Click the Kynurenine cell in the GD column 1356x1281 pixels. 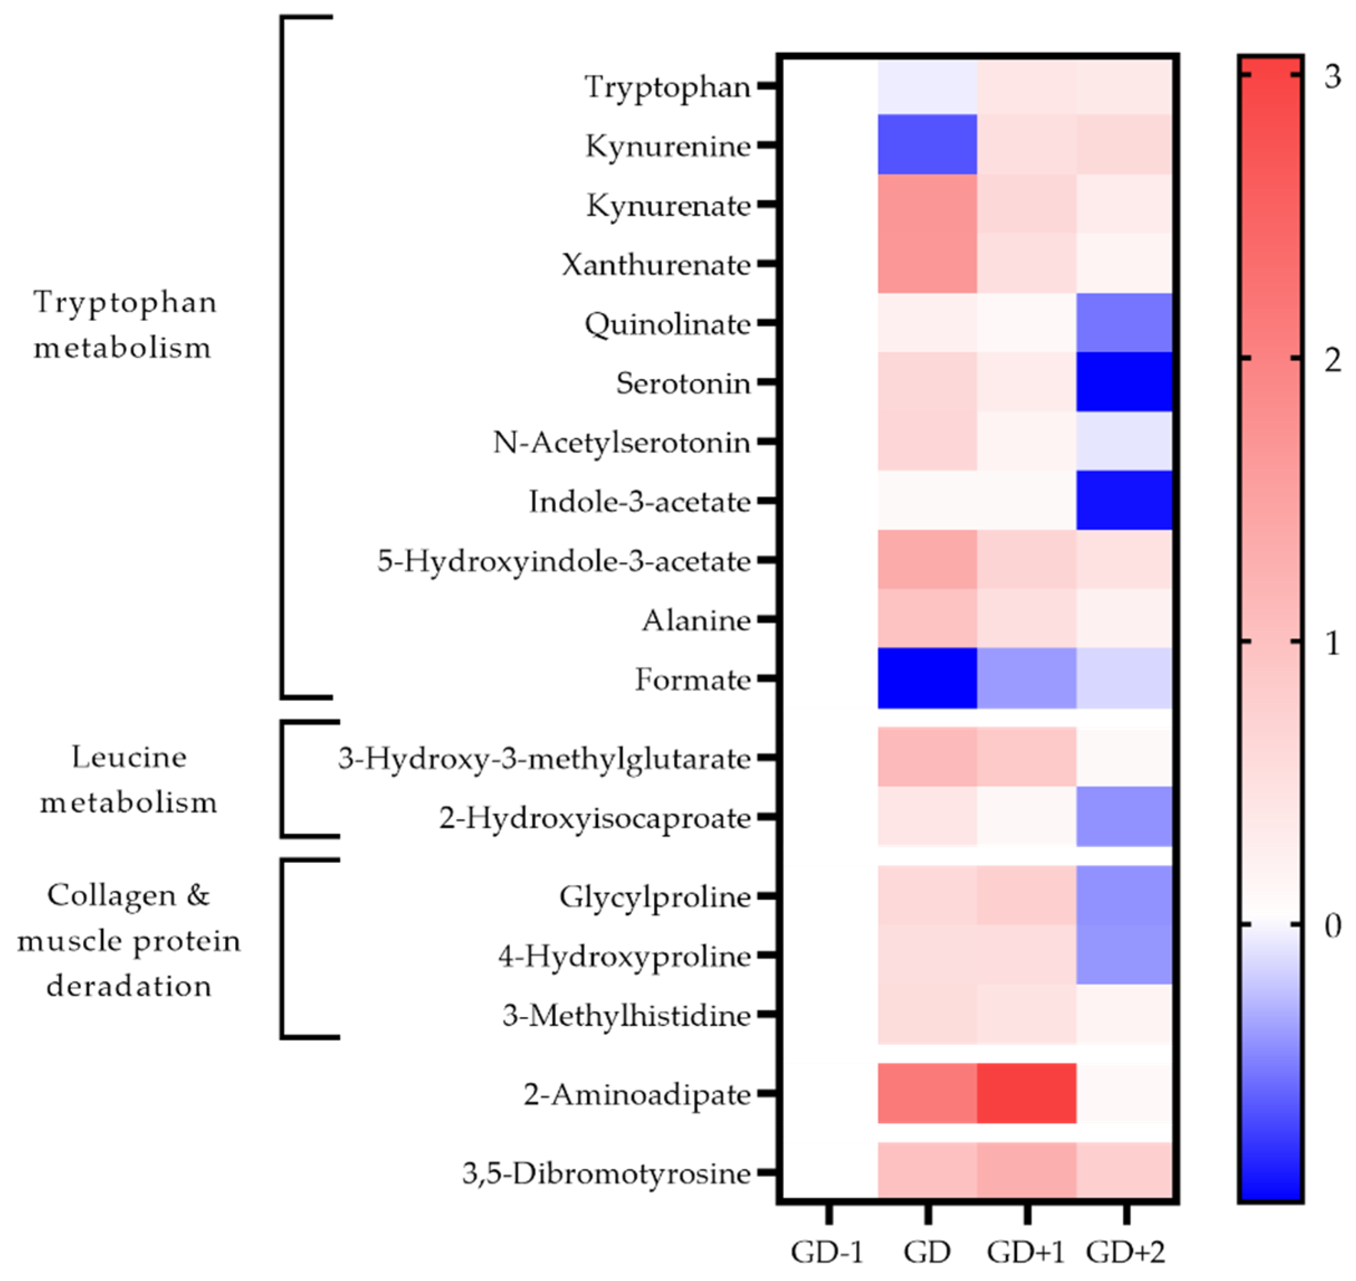click(927, 144)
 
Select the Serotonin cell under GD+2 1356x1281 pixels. click(1124, 382)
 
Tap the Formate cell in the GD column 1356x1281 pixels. click(927, 678)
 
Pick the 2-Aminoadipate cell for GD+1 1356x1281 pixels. click(1026, 1093)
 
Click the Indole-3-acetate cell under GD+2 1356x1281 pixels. click(1124, 501)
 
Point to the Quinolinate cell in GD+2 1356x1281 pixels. click(1124, 322)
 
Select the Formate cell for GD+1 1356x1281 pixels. click(1026, 678)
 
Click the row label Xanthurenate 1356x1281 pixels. click(655, 264)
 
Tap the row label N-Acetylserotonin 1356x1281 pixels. click(621, 443)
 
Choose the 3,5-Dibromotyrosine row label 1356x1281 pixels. click(606, 1173)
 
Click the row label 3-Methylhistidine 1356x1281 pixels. click(626, 1015)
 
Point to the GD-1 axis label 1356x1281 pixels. click(827, 1251)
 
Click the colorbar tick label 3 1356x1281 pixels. click(1331, 76)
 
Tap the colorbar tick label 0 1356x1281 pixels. click(1331, 927)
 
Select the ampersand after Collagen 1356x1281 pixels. click(198, 895)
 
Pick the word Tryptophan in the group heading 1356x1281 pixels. click(125, 302)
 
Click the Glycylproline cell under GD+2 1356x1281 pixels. click(1124, 895)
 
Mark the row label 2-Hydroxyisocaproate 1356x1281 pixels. click(595, 817)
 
